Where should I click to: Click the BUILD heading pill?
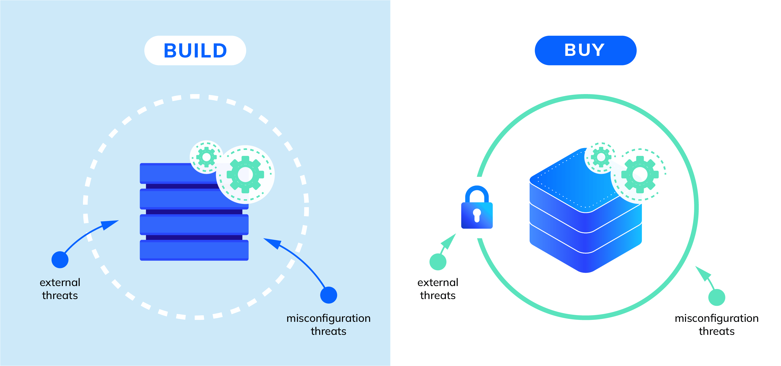(195, 50)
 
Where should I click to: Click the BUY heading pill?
(585, 50)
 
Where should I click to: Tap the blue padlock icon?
(477, 209)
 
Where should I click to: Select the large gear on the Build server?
(245, 175)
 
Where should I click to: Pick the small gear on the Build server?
(206, 157)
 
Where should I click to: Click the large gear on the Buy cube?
(640, 175)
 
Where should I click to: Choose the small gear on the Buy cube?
(601, 157)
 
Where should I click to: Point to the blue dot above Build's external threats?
(60, 260)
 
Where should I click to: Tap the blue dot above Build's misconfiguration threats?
(329, 295)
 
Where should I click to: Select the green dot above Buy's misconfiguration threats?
(717, 297)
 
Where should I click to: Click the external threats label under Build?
(60, 289)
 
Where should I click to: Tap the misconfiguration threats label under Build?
(328, 325)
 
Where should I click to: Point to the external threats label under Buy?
(438, 289)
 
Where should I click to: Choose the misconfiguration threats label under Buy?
(717, 325)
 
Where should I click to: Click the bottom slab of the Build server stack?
(194, 250)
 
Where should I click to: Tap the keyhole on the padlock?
(477, 215)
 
